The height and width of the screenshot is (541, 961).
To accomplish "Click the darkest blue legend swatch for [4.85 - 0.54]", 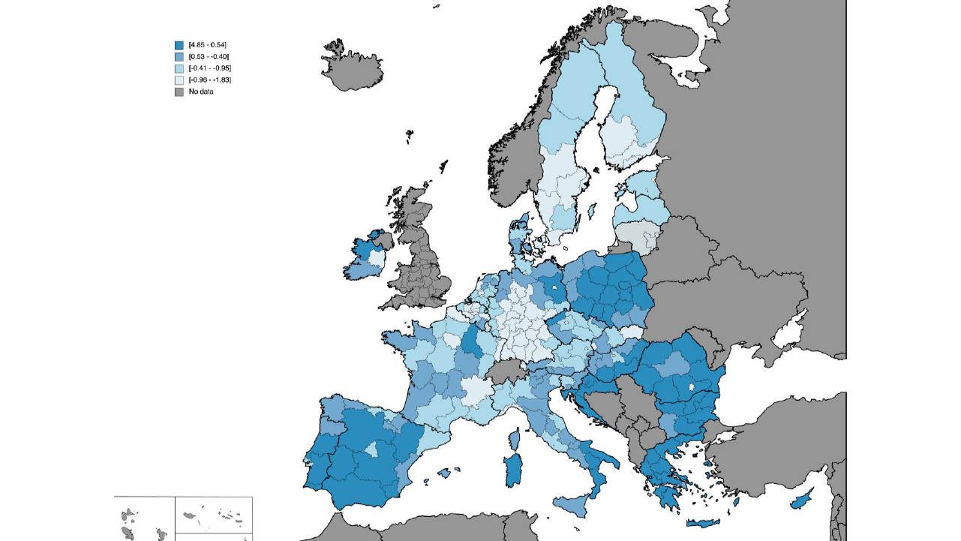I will tap(179, 45).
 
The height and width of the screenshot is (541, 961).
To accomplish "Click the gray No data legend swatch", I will tap(179, 92).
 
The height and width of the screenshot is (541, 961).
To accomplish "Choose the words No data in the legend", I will tap(201, 92).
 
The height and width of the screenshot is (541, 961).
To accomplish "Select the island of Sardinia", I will tap(514, 470).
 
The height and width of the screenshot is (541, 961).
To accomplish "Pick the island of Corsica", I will tap(516, 437).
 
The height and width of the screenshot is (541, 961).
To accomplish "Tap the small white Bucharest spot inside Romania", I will tap(692, 388).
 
